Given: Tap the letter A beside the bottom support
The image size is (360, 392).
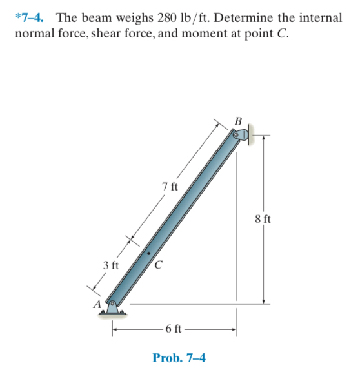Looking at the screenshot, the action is tap(97, 304).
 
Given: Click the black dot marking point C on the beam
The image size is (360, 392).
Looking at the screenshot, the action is tap(148, 254).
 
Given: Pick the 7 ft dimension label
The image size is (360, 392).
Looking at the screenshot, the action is tap(170, 187).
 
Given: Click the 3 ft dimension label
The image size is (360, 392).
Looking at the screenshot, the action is tap(111, 265).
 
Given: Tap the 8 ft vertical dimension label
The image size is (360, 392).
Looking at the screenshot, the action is tap(263, 220).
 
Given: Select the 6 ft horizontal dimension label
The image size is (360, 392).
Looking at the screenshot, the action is tap(174, 331).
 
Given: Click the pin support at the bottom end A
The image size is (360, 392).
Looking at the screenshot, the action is tap(114, 308).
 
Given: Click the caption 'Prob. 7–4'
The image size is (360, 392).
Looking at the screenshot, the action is tap(179, 357).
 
